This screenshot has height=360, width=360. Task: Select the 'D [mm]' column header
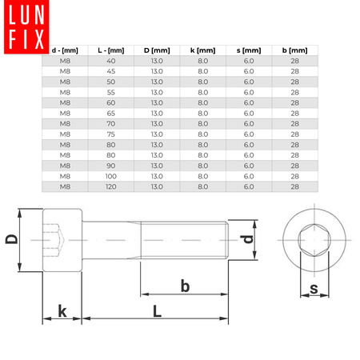(157, 50)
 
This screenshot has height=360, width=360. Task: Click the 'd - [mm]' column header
(65, 50)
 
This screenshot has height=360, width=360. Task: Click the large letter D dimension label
(12, 239)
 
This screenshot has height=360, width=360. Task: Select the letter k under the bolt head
(62, 310)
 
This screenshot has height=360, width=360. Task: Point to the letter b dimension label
(184, 286)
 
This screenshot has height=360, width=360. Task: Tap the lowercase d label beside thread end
(249, 238)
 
